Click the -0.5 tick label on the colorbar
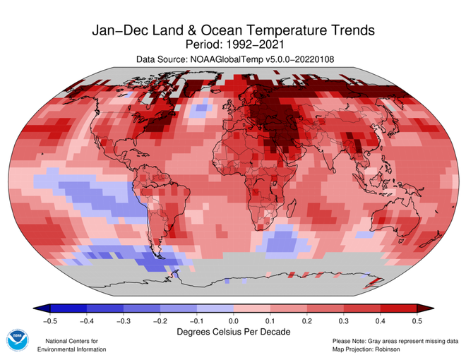[49, 320]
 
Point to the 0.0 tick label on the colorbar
[234, 320]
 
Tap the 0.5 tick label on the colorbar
[417, 320]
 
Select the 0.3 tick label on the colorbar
[344, 320]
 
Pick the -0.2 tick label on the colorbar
[160, 320]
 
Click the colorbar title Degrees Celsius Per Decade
[233, 331]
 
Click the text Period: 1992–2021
[233, 45]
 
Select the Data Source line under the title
[233, 61]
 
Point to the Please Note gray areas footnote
[390, 341]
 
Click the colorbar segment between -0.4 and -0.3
[104, 308]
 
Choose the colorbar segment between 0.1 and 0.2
[289, 308]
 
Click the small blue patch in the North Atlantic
[203, 109]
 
